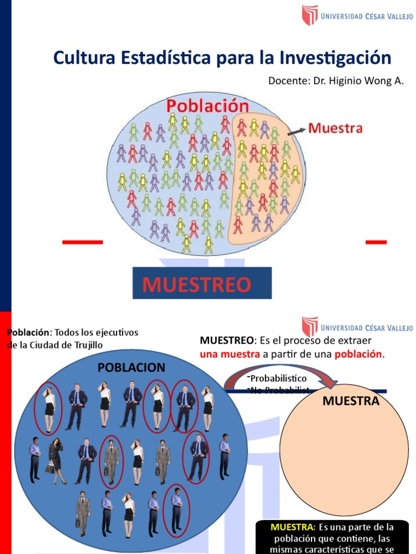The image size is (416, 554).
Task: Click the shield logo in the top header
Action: click(x=310, y=16)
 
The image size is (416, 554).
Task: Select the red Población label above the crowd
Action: click(x=207, y=105)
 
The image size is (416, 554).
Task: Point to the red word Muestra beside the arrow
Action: click(x=335, y=129)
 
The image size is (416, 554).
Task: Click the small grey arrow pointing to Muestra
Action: click(x=296, y=131)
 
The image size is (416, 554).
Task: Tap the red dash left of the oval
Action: click(x=82, y=242)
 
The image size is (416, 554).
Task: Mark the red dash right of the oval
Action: click(x=376, y=242)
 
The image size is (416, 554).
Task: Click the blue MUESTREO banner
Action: click(x=202, y=283)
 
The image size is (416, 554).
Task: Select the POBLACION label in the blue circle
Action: click(x=131, y=368)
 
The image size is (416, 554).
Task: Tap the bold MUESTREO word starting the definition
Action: click(x=226, y=340)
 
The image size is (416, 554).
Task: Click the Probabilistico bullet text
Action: click(x=278, y=378)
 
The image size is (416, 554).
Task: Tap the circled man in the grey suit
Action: click(x=112, y=461)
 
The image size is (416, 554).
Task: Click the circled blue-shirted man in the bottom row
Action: click(x=177, y=509)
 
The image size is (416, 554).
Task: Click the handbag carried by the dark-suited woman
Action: click(x=50, y=469)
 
